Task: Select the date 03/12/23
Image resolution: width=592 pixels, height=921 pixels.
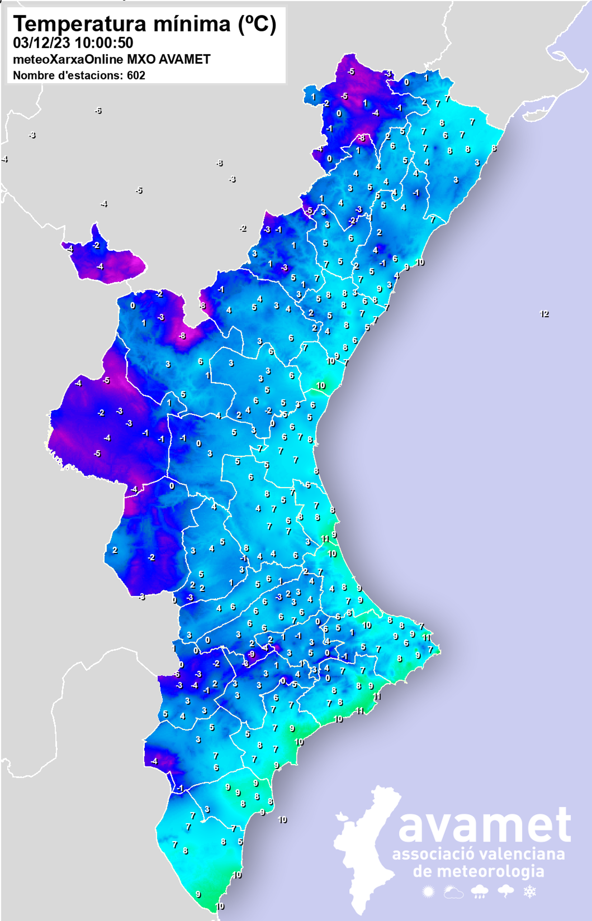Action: coord(41,43)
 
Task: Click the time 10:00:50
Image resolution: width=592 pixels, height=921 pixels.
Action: coord(104,43)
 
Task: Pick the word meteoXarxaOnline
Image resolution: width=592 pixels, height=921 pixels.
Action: coord(68,59)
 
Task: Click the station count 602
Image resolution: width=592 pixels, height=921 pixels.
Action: coord(136,75)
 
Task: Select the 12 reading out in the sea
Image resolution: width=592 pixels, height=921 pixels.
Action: coord(544,314)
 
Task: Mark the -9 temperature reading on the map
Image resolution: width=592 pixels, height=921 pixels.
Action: coord(251,654)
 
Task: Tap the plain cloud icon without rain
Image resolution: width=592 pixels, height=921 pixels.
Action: coord(453,892)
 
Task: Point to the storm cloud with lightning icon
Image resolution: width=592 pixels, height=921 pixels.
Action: coord(505,891)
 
